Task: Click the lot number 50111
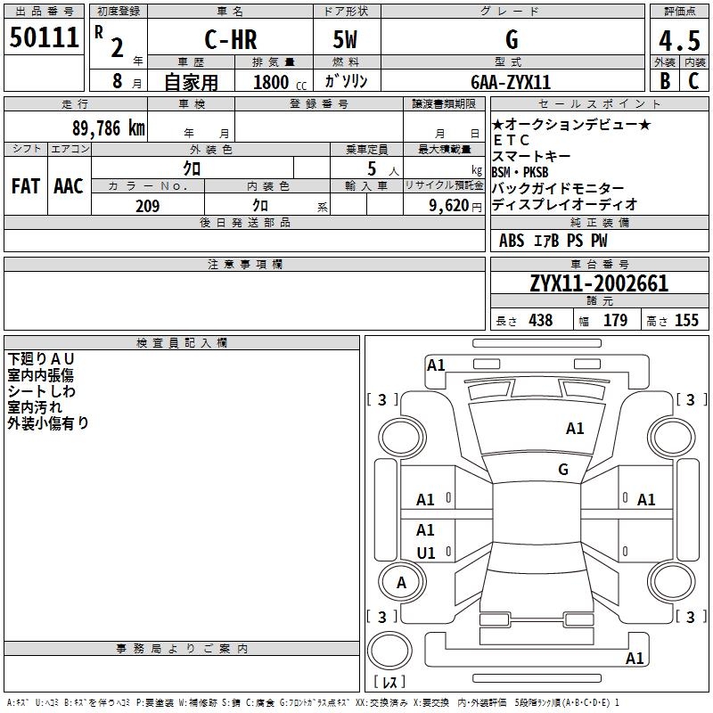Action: point(44,37)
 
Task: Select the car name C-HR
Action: point(231,39)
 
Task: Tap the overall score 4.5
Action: point(679,40)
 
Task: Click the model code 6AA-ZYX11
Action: point(511,82)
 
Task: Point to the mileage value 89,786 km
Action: point(109,127)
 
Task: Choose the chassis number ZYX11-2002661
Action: point(599,283)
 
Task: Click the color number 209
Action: point(147,206)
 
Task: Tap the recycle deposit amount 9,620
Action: point(449,206)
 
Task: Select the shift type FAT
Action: point(26,186)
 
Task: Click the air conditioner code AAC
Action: point(69,186)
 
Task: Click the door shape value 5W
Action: point(345,39)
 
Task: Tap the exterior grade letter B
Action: point(665,81)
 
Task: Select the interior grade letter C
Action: point(693,81)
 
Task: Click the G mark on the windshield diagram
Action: point(563,469)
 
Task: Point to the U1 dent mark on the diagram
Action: point(426,553)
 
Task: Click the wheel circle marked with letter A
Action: point(402,582)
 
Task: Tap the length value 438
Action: point(541,320)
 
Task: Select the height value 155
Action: point(686,320)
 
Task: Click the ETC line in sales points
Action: point(511,140)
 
